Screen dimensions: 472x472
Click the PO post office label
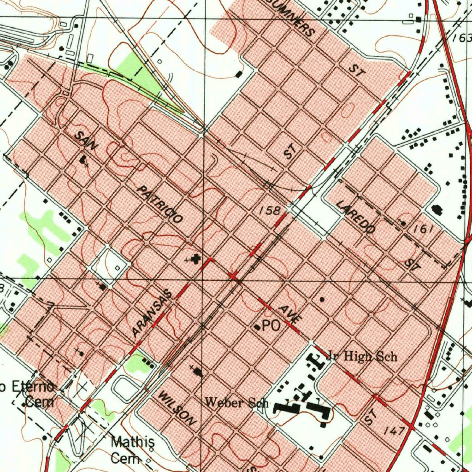click(x=271, y=326)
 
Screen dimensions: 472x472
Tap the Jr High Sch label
click(x=361, y=356)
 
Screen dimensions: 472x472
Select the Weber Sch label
click(x=236, y=402)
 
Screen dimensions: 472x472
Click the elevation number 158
click(x=269, y=211)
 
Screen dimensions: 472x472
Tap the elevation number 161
click(x=421, y=229)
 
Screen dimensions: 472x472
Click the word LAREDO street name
click(x=355, y=217)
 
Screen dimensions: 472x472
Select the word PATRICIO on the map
click(x=161, y=205)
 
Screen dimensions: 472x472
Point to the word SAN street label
click(x=87, y=141)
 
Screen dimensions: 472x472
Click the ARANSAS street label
click(x=151, y=313)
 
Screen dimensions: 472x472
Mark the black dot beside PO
click(x=257, y=327)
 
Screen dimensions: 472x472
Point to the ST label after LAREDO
click(x=411, y=264)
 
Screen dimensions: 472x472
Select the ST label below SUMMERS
click(x=356, y=70)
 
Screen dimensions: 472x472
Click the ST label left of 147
click(x=370, y=417)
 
